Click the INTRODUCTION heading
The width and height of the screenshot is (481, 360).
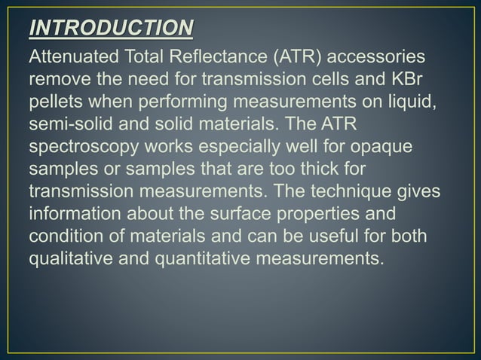(110, 29)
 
